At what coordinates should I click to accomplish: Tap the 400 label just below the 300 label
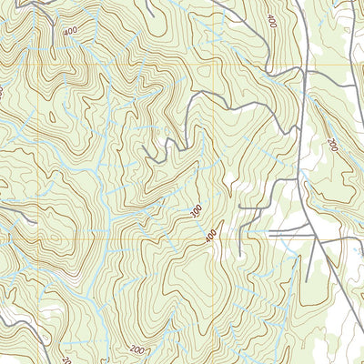coord(211,236)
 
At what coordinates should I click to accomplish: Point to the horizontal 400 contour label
coord(69,33)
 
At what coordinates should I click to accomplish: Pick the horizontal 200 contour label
coord(138,349)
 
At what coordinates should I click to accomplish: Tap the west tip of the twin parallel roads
coord(271,233)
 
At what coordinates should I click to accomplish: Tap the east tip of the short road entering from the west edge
coord(35,220)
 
